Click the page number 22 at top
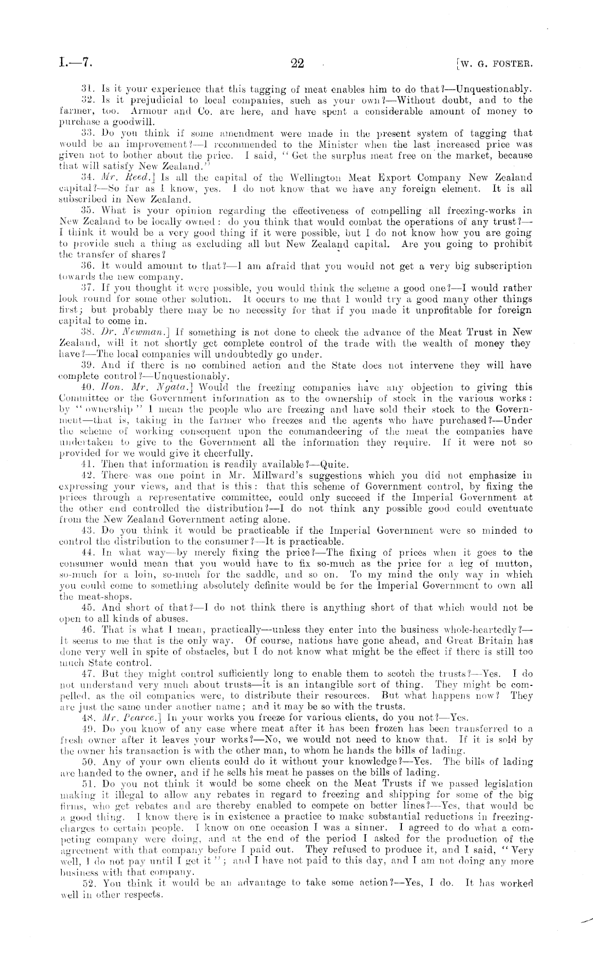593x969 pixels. pos(297,64)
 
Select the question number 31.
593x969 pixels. pos(86,89)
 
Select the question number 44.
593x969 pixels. pos(86,553)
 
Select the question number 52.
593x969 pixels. pos(86,883)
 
